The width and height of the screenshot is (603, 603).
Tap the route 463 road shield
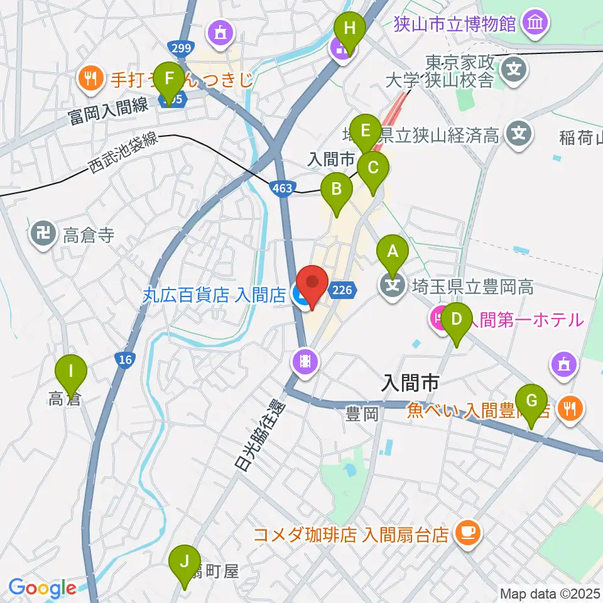[x=282, y=187]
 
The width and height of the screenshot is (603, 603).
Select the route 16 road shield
[x=124, y=359]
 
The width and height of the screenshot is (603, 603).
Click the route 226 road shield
[x=342, y=290]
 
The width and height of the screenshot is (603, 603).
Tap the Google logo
[x=41, y=589]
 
